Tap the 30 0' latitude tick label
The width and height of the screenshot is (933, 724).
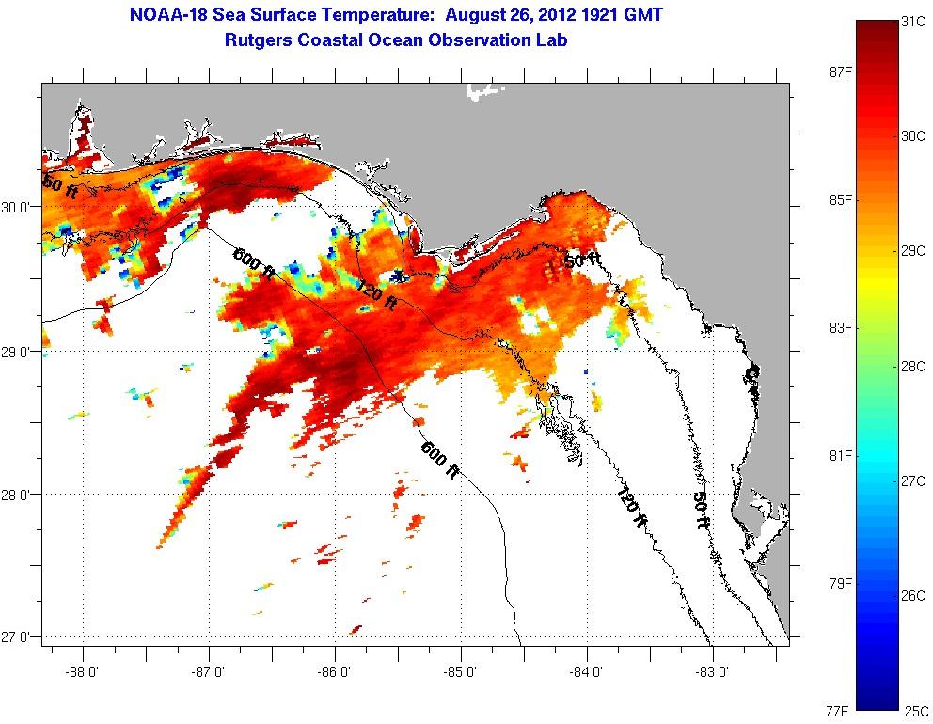16,208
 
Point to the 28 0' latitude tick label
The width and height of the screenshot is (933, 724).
16,495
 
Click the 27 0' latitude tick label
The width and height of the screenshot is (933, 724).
16,637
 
